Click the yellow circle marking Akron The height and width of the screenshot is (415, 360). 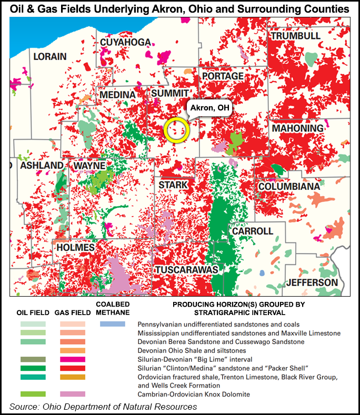point(176,129)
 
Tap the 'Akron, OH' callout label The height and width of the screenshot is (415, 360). point(209,108)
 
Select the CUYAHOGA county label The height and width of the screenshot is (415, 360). point(125,43)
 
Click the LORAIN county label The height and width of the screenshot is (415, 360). point(50,56)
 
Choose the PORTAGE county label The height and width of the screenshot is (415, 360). point(223,76)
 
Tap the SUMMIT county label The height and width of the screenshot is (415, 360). point(166,93)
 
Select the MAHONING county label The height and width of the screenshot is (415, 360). point(297,128)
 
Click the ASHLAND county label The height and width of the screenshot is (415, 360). point(42,166)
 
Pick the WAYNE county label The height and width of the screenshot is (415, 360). point(89,166)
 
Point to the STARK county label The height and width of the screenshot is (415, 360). point(173,185)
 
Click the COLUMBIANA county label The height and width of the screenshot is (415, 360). point(288,187)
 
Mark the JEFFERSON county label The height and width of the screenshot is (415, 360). point(312,282)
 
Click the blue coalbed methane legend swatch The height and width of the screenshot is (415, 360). point(113,324)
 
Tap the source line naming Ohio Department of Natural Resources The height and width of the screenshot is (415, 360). point(103,406)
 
